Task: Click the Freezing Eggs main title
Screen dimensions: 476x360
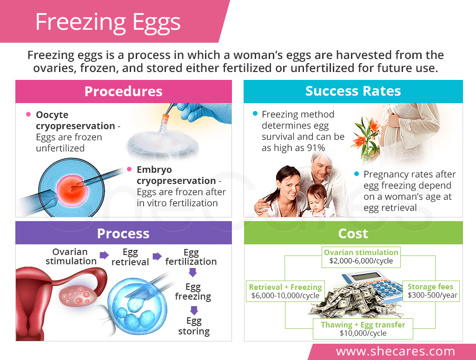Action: [x=108, y=22]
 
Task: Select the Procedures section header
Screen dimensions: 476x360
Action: [x=124, y=92]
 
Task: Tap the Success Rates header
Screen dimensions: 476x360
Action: [x=353, y=91]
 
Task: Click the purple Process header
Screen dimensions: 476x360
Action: [x=123, y=233]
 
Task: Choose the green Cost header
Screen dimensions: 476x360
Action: [x=353, y=233]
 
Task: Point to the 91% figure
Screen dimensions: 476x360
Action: [x=316, y=148]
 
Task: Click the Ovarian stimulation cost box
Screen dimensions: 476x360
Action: [x=361, y=257]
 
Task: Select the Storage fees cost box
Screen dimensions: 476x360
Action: [x=431, y=291]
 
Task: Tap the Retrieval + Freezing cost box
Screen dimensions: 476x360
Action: [x=285, y=291]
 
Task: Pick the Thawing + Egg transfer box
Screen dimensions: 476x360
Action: [x=363, y=329]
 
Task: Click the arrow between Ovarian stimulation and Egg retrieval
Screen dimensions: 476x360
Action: [x=104, y=255]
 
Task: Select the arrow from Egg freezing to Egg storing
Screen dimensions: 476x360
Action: [x=194, y=310]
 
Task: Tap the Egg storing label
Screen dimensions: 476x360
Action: [x=194, y=326]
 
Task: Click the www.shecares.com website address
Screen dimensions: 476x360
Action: [x=396, y=351]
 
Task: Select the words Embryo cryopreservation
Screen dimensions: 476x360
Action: [x=176, y=175]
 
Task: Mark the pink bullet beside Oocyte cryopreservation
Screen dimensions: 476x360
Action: [x=28, y=114]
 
